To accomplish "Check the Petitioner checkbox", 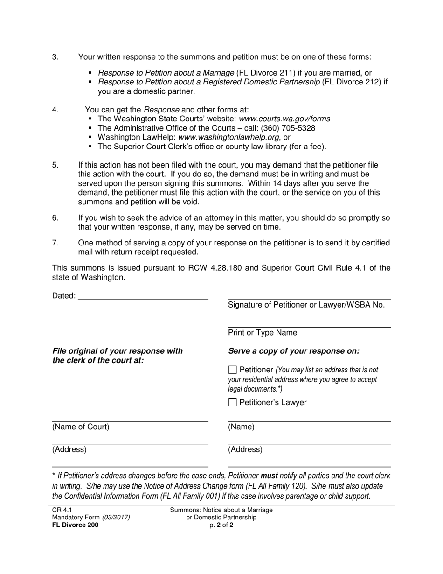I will pos(233,370).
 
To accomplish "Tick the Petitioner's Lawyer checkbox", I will pos(233,403).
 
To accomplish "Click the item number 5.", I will pos(55,165).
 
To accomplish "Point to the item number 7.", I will pos(55,243).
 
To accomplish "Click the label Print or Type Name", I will pos(262,333).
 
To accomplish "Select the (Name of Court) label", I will pos(81,427).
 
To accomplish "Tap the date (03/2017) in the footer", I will pos(116,518).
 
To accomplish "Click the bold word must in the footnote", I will pos(269,476).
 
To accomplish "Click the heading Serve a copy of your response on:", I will pos(294,351).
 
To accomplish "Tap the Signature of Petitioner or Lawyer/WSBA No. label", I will pos(306,305).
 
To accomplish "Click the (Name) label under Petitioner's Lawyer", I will pos(241,427).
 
